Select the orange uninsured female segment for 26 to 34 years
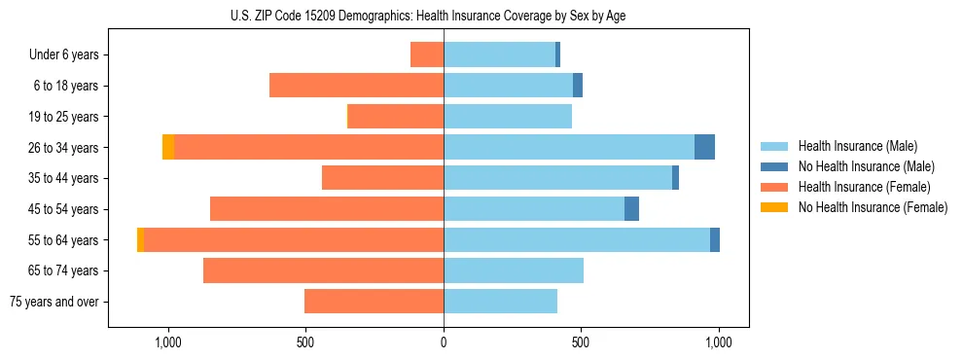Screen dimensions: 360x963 coord(168,147)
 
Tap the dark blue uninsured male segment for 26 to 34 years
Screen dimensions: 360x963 coord(704,147)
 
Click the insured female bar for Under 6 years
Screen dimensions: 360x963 coord(427,54)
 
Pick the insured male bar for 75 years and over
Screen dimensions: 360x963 coord(500,302)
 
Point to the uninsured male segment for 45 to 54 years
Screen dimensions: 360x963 coord(631,208)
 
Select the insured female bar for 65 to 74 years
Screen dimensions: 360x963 coord(323,270)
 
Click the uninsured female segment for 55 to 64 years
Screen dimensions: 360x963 coord(141,239)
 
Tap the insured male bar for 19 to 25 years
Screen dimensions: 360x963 coord(508,117)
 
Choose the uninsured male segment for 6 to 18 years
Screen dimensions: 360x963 coord(578,86)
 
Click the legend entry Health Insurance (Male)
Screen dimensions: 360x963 coord(857,146)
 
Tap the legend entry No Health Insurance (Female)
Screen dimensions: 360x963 coord(873,207)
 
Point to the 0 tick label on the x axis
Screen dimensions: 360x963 coord(444,342)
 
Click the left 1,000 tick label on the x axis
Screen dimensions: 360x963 coord(168,342)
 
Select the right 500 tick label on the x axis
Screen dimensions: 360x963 coord(581,342)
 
